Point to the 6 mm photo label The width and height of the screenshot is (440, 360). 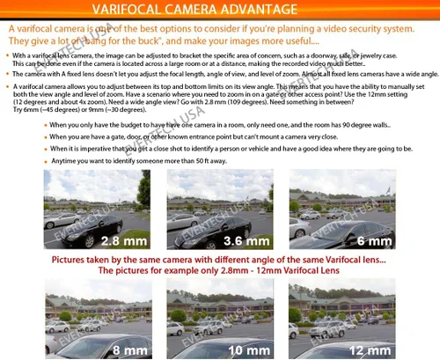(x=373, y=240)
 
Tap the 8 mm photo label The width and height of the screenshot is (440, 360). (x=125, y=349)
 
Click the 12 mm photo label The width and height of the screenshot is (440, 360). (x=370, y=349)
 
